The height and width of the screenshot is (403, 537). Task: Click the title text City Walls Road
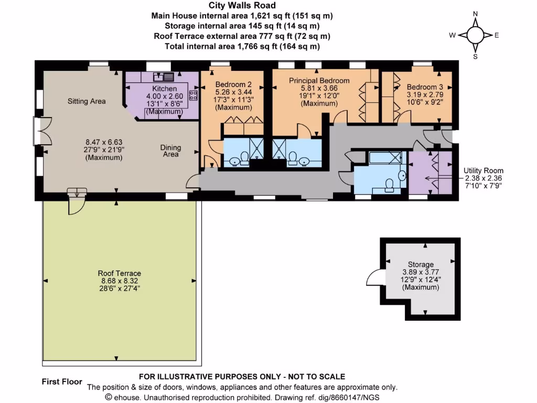point(242,6)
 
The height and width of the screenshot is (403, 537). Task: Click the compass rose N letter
point(475,14)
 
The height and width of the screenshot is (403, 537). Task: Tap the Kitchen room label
point(165,89)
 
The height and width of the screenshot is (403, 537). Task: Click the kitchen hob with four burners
point(193,96)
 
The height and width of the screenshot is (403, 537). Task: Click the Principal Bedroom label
point(319,80)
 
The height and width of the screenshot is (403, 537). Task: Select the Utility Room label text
point(483,171)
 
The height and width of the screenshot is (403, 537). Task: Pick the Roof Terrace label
point(119,273)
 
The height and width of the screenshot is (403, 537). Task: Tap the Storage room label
point(421,264)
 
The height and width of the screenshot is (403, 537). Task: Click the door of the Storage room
point(376,279)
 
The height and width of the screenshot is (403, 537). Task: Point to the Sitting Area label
point(87,101)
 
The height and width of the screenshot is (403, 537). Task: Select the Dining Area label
point(170,151)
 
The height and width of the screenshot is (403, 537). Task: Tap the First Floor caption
point(62,381)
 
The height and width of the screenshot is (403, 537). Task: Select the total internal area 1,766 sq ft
point(242,46)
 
